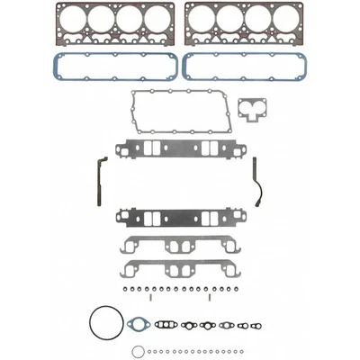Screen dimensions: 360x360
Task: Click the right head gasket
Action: coord(244,10)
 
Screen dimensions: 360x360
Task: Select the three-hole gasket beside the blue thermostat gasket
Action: coord(166,324)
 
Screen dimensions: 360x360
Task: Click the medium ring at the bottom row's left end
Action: coord(137,351)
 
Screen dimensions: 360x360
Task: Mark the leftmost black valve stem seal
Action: coord(122,291)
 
